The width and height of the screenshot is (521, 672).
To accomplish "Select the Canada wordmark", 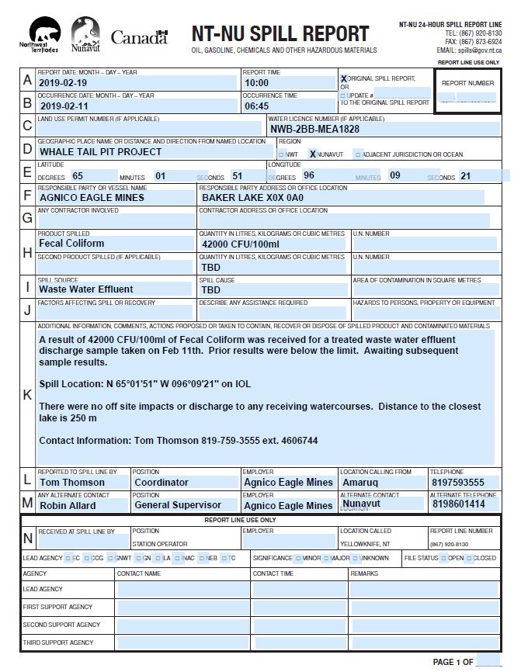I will [x=139, y=36].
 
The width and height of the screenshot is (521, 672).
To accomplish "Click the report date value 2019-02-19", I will [x=65, y=82].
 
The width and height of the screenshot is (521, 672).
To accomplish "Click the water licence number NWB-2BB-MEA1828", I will [x=314, y=129].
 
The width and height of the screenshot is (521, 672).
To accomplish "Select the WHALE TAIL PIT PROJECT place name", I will [x=100, y=152].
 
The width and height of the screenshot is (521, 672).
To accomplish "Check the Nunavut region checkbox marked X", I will [x=313, y=154].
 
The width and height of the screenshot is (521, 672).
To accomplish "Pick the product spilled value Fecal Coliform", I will [x=71, y=244].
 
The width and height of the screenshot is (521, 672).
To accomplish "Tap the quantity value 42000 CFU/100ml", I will [x=240, y=244].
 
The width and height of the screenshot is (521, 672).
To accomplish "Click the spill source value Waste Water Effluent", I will [x=86, y=289].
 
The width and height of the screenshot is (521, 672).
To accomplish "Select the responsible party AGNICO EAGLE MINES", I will [x=92, y=198].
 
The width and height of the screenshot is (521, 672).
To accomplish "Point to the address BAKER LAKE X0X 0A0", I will [x=252, y=198].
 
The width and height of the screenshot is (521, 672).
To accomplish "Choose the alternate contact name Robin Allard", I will [x=68, y=505].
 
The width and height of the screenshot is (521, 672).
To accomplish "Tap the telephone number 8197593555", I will [x=457, y=482].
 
